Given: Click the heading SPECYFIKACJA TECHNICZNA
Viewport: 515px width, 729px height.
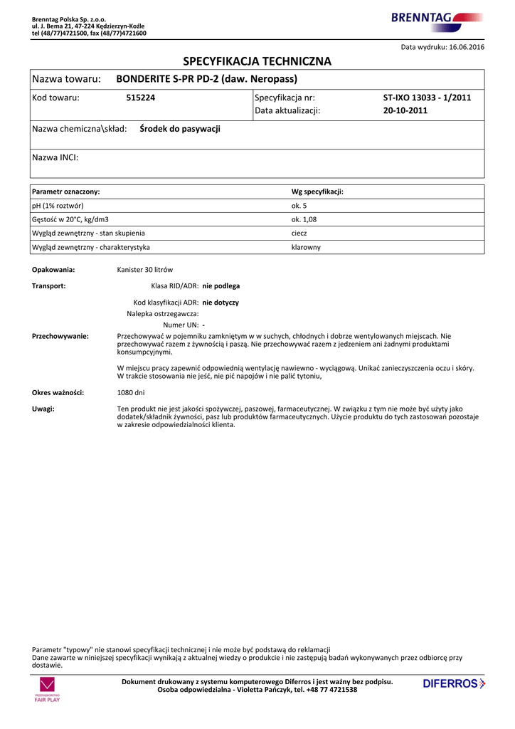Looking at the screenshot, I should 257,61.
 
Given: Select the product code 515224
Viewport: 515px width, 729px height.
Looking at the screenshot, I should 140,98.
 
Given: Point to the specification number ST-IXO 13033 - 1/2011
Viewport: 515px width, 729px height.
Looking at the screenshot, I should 427,98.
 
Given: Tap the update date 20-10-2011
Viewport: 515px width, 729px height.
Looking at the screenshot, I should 405,111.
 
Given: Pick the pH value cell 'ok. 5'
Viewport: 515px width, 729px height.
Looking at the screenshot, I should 299,206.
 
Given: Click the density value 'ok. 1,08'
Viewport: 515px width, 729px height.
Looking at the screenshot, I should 304,219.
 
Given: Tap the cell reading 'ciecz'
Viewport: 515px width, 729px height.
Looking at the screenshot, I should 299,234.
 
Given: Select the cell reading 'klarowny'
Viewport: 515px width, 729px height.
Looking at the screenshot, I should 306,247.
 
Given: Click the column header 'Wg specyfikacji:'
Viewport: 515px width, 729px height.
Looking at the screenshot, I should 317,192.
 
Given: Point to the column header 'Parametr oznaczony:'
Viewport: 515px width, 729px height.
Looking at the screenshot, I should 66,192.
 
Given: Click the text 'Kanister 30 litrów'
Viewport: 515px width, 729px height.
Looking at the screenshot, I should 144,270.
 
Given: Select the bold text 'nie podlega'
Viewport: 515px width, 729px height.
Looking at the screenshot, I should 221,286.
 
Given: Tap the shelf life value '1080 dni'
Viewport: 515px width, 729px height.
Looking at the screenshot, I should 131,392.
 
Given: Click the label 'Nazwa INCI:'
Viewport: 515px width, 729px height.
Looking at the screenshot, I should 55,157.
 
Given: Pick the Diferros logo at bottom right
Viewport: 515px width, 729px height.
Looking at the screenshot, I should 454,684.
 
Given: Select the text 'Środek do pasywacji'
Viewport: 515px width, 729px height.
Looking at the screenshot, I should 180,129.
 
